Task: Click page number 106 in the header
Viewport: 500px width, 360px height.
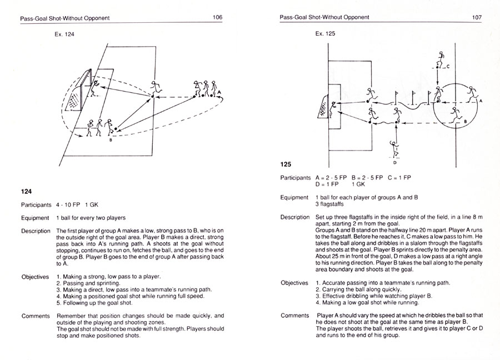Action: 217,17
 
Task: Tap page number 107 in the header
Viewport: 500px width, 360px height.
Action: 476,17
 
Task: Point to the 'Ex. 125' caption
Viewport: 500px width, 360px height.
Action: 325,33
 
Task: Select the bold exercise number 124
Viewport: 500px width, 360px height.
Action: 27,191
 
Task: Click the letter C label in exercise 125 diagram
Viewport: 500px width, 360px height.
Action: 448,66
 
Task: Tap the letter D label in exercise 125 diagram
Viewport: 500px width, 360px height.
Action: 394,163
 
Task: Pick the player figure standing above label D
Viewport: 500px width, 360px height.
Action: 395,149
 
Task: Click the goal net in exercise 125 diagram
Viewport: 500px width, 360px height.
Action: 323,108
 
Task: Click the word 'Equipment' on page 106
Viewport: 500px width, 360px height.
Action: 36,218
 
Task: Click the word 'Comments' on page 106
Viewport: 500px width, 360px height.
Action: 36,316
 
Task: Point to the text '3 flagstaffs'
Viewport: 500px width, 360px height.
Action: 331,204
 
